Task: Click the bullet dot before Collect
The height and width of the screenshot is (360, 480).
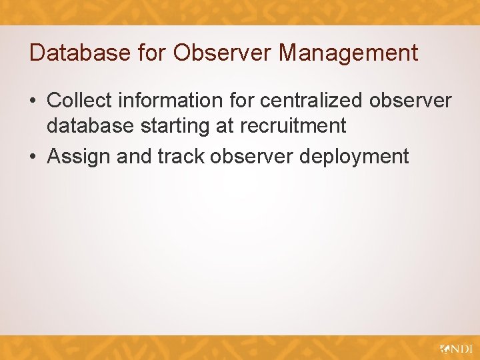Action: (33, 101)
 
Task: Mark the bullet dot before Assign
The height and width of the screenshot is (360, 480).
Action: (33, 157)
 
